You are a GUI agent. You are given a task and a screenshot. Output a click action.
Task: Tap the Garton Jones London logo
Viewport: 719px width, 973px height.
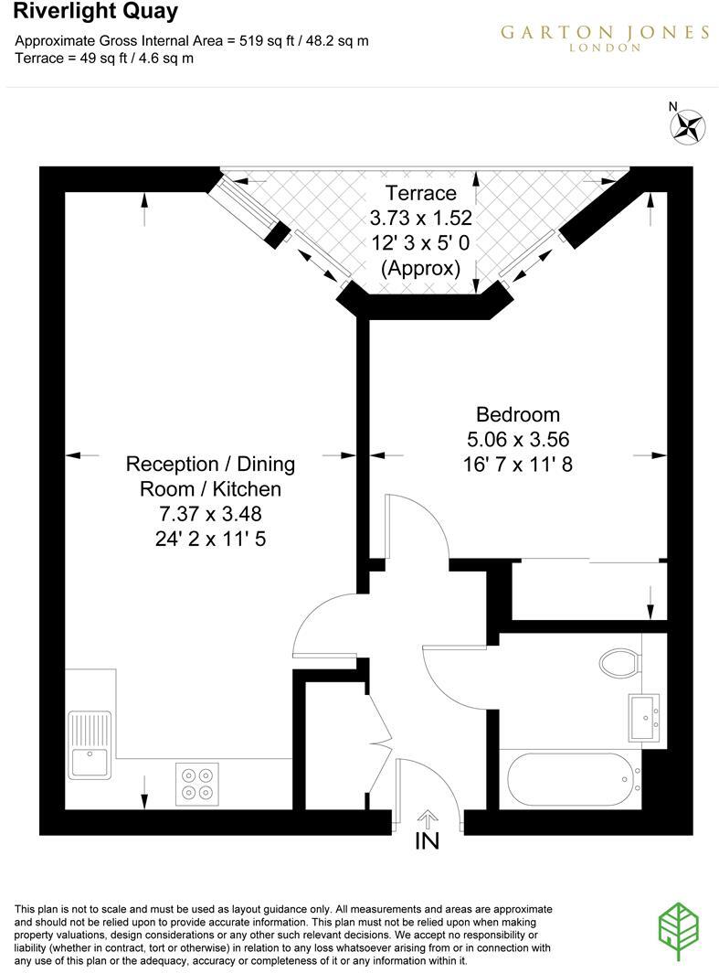(x=604, y=37)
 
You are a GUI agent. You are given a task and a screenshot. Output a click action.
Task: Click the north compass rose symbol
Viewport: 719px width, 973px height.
(x=689, y=126)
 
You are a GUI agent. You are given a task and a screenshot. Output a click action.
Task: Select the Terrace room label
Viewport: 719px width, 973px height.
(x=420, y=193)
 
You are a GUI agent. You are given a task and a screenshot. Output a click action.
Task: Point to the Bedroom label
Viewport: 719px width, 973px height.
(x=517, y=414)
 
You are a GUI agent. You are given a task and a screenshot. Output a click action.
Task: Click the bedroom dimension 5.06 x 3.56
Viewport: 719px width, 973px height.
(x=517, y=439)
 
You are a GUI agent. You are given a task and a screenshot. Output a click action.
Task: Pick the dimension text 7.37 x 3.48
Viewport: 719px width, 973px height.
(x=210, y=514)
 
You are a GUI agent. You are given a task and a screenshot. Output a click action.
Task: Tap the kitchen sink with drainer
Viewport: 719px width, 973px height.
(x=90, y=744)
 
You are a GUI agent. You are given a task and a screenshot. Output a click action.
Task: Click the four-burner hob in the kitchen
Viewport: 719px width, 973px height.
(x=197, y=784)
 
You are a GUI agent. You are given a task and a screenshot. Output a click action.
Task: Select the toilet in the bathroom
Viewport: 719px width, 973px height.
(x=619, y=661)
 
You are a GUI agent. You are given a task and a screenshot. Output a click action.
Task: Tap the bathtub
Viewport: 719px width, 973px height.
(x=568, y=780)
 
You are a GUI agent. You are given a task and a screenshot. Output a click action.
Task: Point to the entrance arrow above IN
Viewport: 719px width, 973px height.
(x=428, y=818)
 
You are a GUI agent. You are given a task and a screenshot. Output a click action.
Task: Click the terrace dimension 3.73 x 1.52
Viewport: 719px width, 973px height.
(x=420, y=219)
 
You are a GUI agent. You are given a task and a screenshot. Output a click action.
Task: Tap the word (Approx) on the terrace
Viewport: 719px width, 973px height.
(x=420, y=269)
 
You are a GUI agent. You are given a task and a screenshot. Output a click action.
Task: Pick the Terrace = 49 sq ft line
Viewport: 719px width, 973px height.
(x=106, y=58)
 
